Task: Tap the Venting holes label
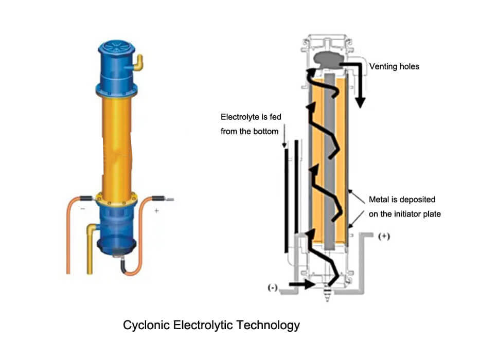[x=394, y=66]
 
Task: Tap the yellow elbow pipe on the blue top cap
[x=138, y=63]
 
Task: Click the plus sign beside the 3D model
[x=156, y=211]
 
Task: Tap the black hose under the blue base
[x=125, y=264]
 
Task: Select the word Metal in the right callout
[x=379, y=199]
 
